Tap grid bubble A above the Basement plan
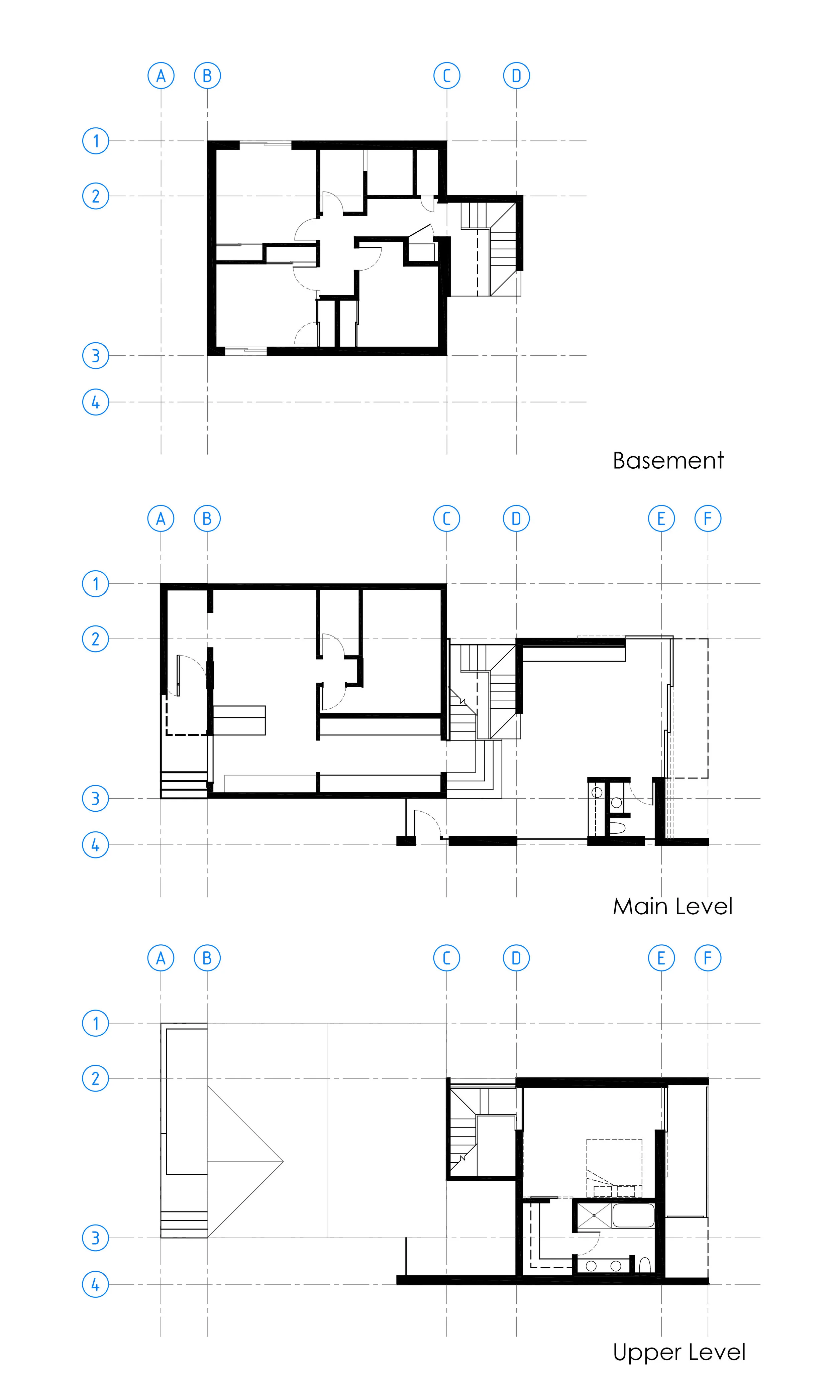click(x=161, y=76)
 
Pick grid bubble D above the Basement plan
click(x=516, y=76)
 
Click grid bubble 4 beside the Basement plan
click(x=95, y=402)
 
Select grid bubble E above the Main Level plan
click(x=661, y=518)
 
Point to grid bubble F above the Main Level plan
click(x=708, y=518)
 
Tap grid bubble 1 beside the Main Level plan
click(x=95, y=584)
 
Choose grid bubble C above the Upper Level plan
click(x=447, y=958)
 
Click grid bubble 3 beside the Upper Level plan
click(x=95, y=1238)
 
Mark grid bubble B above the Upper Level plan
click(x=207, y=958)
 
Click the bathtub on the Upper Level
click(x=633, y=1215)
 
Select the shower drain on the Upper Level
click(x=593, y=1215)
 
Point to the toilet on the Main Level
click(x=617, y=828)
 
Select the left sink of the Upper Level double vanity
click(x=591, y=1266)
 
